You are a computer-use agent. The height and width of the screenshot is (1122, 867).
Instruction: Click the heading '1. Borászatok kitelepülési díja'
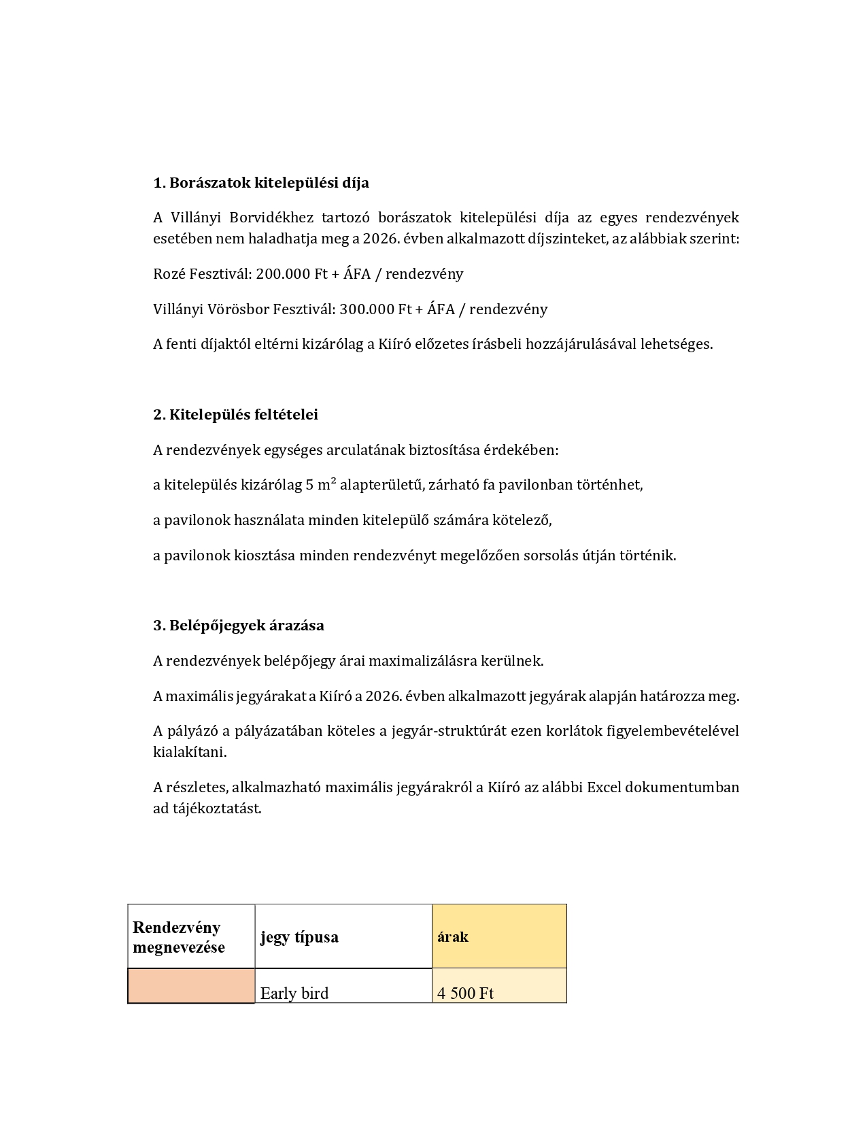(x=261, y=183)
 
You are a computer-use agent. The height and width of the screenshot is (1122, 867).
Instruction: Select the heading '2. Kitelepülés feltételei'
(x=235, y=415)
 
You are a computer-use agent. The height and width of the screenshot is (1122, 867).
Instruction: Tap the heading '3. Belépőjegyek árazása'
(x=239, y=626)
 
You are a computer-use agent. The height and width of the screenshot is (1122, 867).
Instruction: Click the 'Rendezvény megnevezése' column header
(x=178, y=937)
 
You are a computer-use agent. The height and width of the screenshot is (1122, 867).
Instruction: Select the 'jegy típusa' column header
(x=299, y=937)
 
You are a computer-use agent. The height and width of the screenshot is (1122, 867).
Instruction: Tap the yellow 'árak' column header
(x=453, y=937)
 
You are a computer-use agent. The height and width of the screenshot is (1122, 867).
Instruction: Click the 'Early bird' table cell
(x=294, y=993)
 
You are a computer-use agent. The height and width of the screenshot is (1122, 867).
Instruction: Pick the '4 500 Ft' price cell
(x=466, y=993)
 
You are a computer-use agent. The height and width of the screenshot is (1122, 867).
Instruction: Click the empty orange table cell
(x=191, y=985)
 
